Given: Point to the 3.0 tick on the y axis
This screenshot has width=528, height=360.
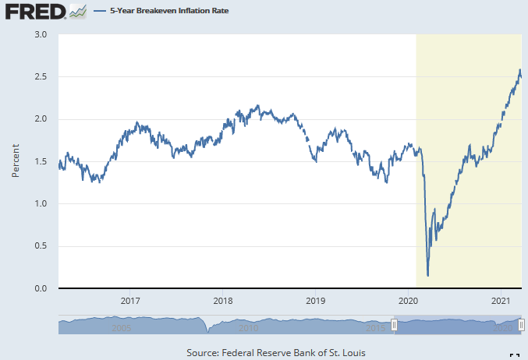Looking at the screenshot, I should (41, 35).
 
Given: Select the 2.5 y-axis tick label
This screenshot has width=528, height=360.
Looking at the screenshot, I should (41, 77).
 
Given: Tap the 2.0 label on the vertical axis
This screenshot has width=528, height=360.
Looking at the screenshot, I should (41, 119).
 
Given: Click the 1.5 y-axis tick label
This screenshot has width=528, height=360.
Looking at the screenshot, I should (41, 162).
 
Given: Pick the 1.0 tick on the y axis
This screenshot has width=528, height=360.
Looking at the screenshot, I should (41, 204).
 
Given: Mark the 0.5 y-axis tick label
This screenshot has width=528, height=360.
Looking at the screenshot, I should (41, 246).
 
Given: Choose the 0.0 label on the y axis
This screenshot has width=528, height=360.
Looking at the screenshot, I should (41, 289).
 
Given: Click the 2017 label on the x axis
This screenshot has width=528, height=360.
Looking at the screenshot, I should (130, 301).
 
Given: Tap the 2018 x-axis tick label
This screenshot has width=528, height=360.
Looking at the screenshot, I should (223, 301).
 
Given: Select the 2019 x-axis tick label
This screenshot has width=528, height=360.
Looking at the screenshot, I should (315, 301).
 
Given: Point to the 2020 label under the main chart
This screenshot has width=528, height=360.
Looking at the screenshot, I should (409, 301).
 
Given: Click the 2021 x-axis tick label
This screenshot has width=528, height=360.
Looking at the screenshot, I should (501, 301).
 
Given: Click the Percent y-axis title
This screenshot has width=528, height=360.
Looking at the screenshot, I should (16, 161).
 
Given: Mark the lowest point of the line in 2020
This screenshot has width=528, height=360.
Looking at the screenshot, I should (428, 275).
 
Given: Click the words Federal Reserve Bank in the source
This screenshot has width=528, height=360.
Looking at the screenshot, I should (282, 353).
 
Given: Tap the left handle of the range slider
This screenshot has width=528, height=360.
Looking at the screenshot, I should (395, 324).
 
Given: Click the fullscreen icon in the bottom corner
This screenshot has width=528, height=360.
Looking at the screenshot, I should (515, 355).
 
